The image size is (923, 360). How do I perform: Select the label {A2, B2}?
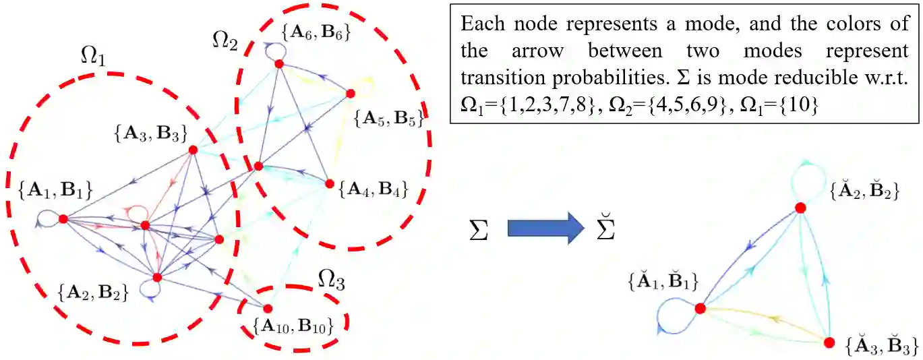point(94,293)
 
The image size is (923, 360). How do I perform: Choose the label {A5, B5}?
point(389,120)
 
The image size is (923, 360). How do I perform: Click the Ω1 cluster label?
point(91,59)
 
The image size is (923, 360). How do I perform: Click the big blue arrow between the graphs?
point(545,228)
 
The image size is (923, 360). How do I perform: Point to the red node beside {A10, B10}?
point(268,309)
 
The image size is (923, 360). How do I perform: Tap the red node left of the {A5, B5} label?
point(350,94)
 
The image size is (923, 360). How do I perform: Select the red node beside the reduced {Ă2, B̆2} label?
point(800,208)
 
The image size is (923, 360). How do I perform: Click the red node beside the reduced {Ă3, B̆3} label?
point(829,342)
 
